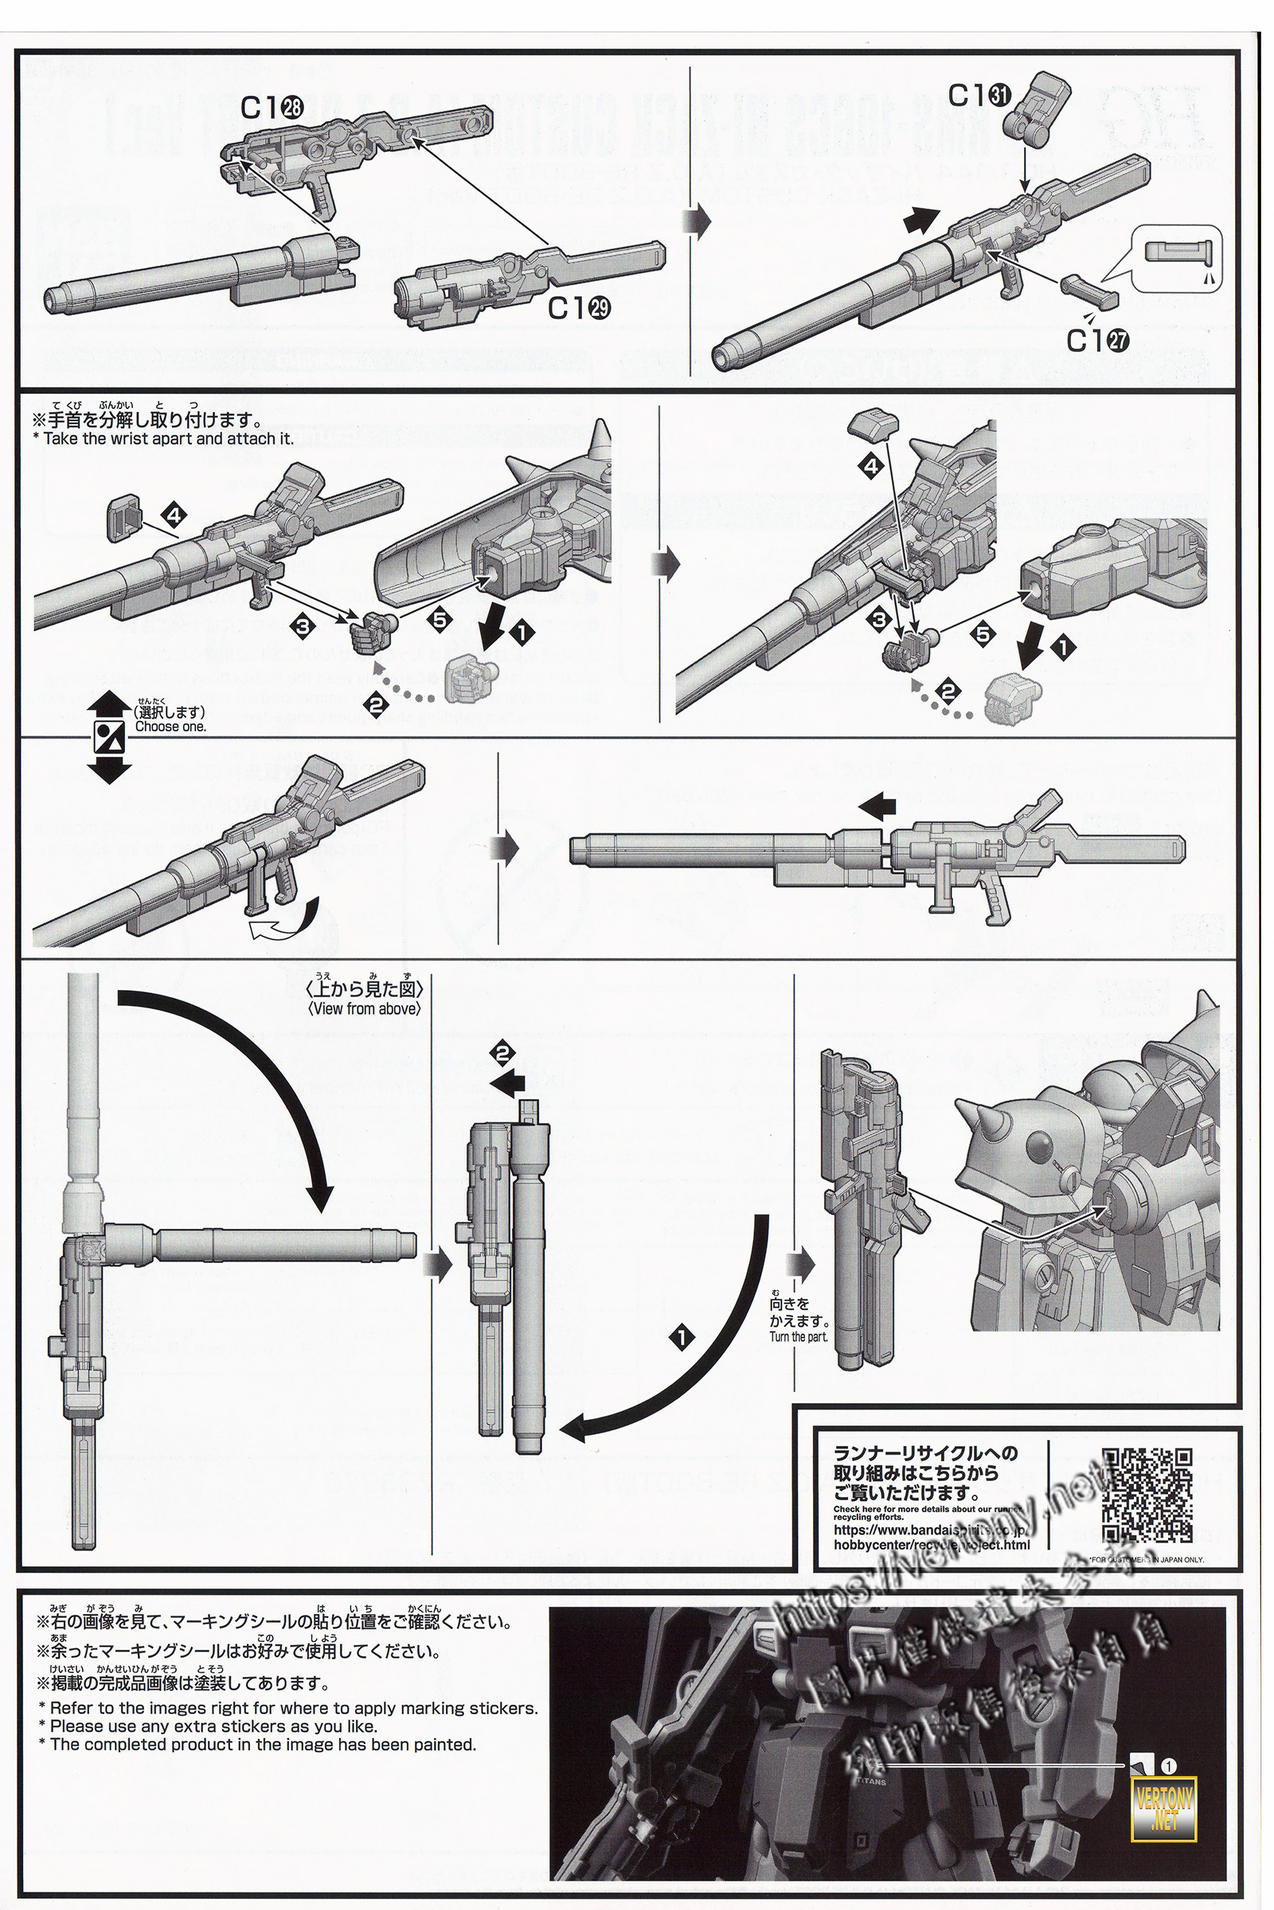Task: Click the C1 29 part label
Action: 580,308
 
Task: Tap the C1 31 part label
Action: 979,95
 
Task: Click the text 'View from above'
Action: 365,1008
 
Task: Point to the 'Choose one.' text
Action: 170,727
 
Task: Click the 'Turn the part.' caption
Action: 799,1337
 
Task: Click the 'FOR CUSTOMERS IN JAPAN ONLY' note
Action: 1147,1559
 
